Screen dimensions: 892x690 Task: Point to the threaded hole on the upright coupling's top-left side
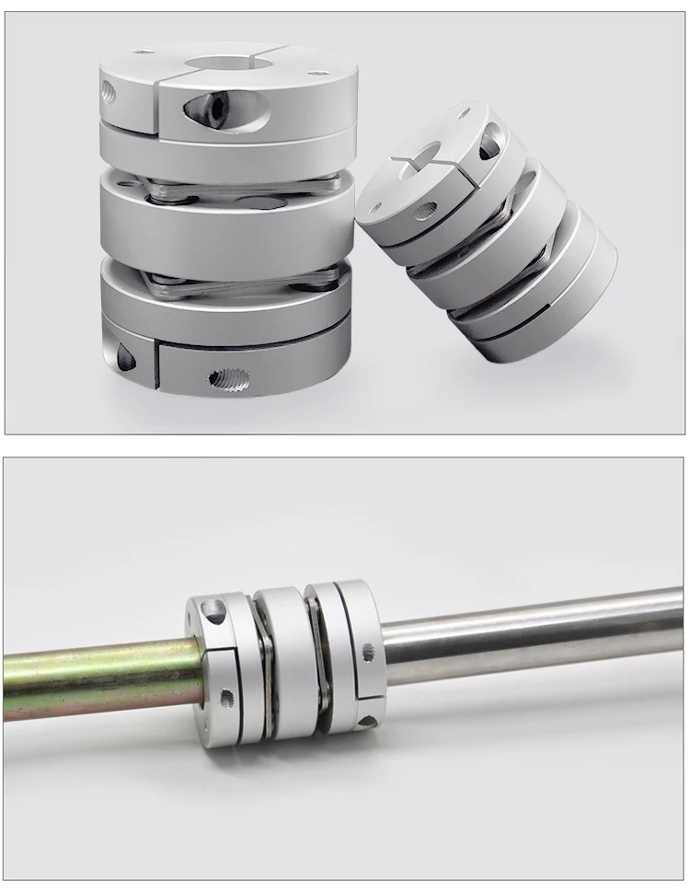(x=109, y=91)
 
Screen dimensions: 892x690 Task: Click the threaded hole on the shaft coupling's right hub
(x=369, y=650)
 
